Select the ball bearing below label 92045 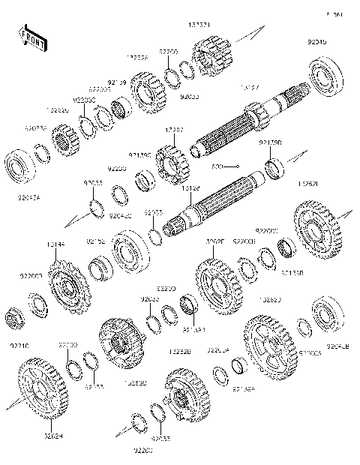point(326,77)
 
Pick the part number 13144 point(55,244)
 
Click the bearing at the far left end point(18,165)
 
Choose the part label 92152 point(95,241)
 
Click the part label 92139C point(139,155)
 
